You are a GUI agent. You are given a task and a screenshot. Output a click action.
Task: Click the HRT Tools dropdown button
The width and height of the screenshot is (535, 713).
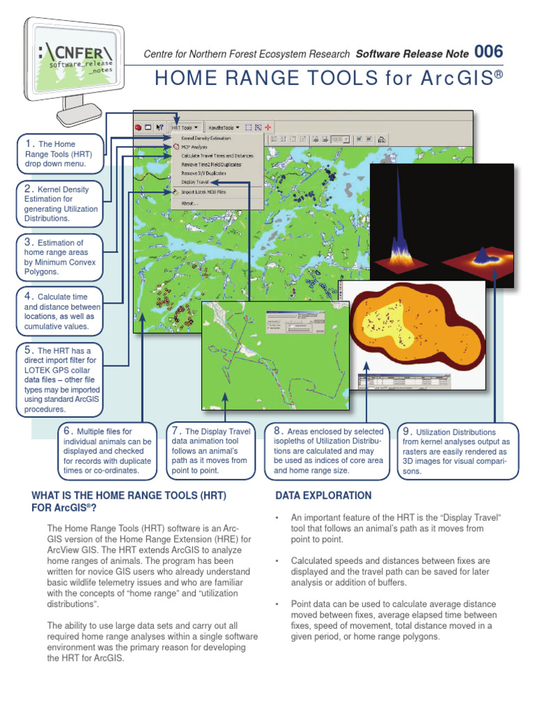(186, 127)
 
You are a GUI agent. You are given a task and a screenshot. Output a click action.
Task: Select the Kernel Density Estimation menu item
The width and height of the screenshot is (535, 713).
(206, 139)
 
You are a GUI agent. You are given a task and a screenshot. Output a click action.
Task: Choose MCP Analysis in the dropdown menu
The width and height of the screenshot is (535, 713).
(194, 148)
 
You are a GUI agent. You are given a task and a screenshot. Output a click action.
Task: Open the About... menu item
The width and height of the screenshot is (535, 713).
(189, 203)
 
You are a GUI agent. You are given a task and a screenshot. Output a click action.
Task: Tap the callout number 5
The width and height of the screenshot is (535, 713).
(29, 350)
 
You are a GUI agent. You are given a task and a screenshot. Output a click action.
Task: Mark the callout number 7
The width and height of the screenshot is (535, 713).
(176, 431)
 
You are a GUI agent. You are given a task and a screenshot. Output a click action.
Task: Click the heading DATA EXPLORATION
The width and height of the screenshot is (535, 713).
(323, 496)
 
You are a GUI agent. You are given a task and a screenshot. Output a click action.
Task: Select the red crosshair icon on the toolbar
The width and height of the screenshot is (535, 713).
(267, 127)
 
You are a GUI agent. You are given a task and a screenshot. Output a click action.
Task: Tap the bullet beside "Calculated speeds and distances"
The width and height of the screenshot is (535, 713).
(277, 561)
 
